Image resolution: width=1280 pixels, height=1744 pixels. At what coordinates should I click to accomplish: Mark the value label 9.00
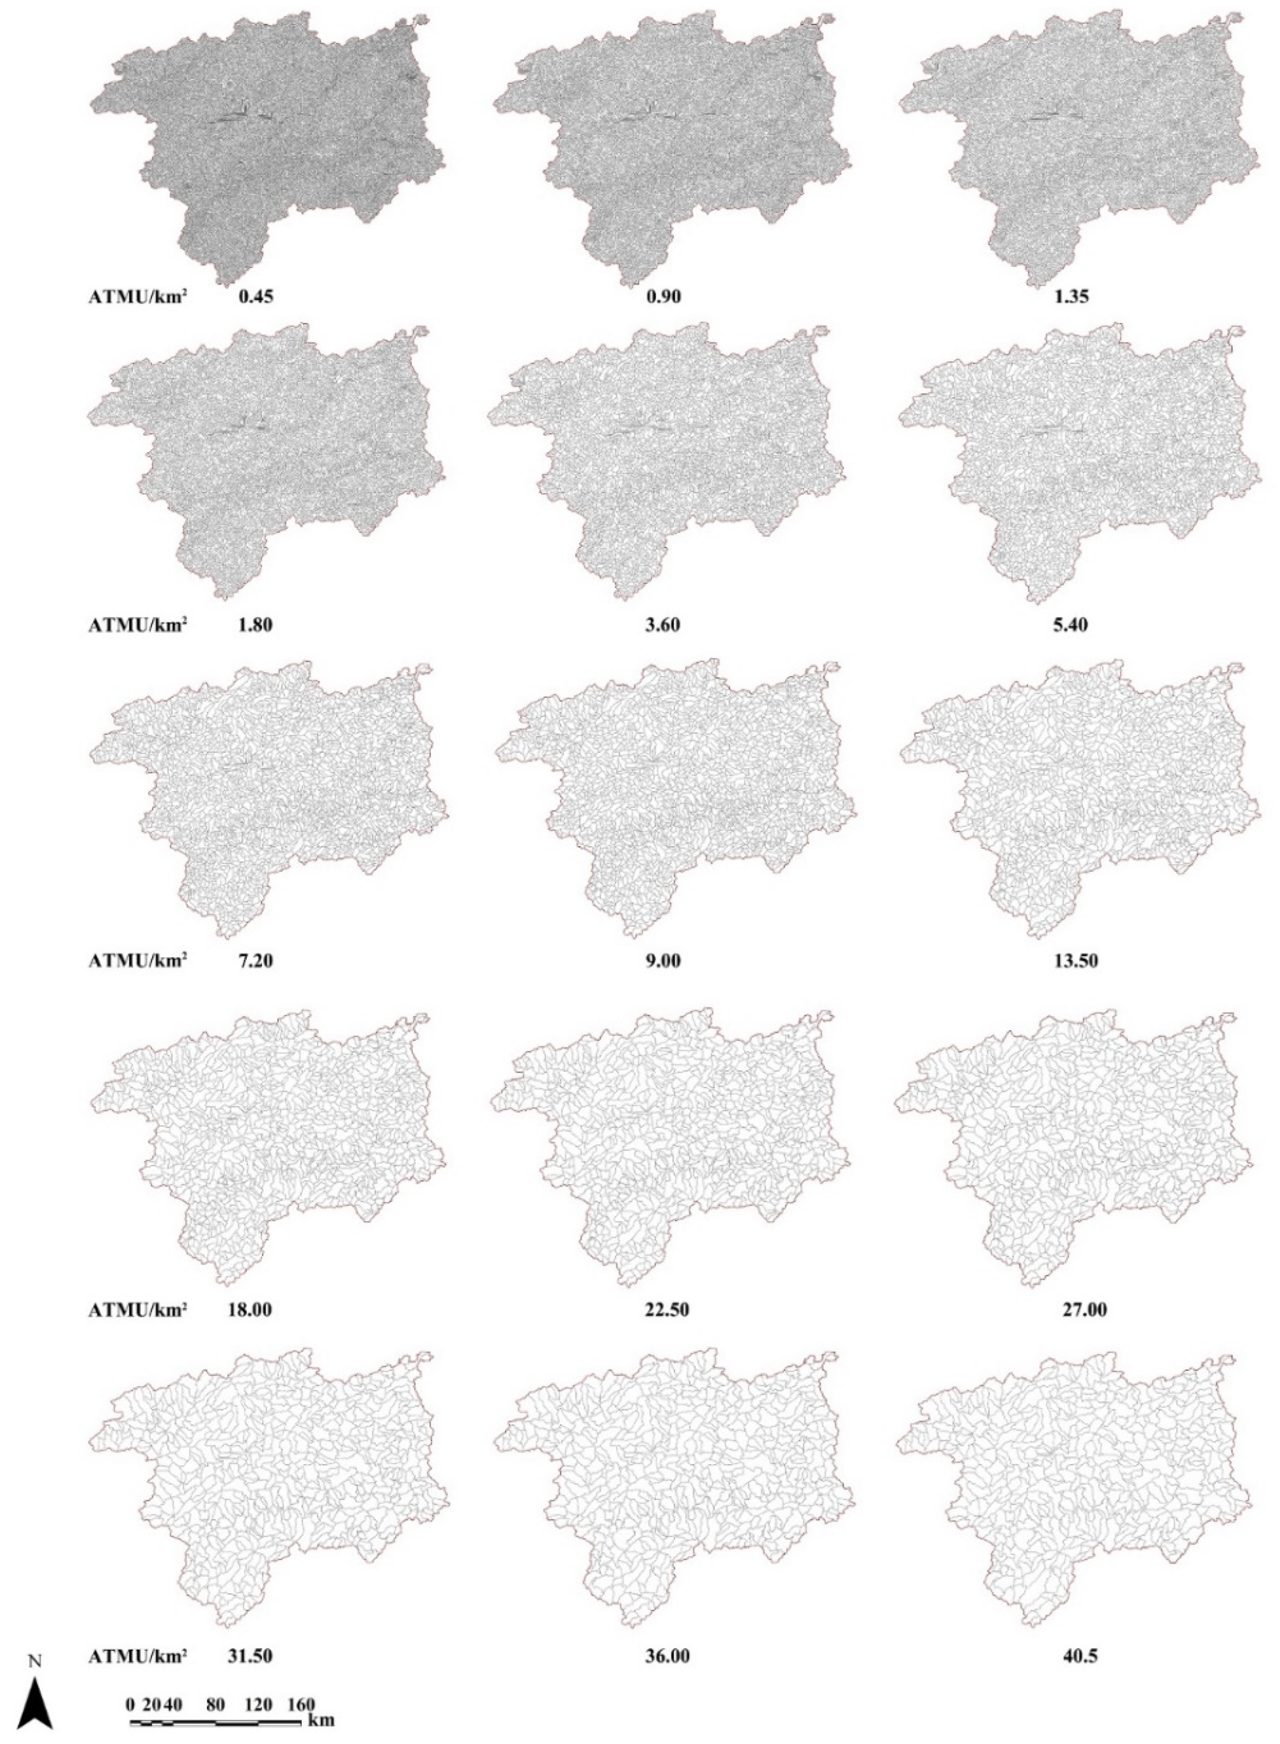tap(664, 961)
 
